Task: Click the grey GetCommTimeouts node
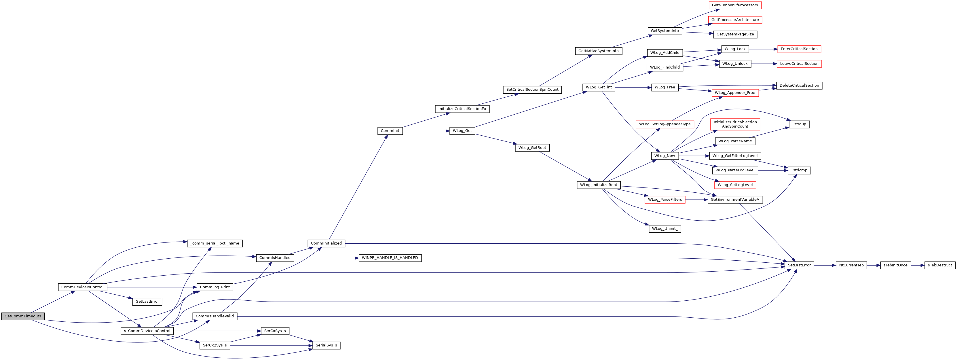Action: tap(23, 316)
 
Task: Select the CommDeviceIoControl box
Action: tap(82, 287)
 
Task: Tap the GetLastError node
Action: tap(147, 302)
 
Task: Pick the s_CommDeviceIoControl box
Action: tap(147, 331)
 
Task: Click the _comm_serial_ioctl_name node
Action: tap(215, 243)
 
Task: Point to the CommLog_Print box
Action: tap(215, 287)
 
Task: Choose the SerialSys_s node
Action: tap(326, 346)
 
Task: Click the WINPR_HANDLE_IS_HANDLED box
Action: tap(390, 258)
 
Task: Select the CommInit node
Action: tap(390, 131)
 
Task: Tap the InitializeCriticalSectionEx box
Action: tap(462, 109)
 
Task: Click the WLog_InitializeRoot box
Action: tap(599, 185)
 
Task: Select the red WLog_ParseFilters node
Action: tap(665, 200)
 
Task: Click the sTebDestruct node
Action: tap(940, 265)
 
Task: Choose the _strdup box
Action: tap(799, 124)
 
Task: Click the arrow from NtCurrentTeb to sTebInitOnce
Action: tap(874, 265)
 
